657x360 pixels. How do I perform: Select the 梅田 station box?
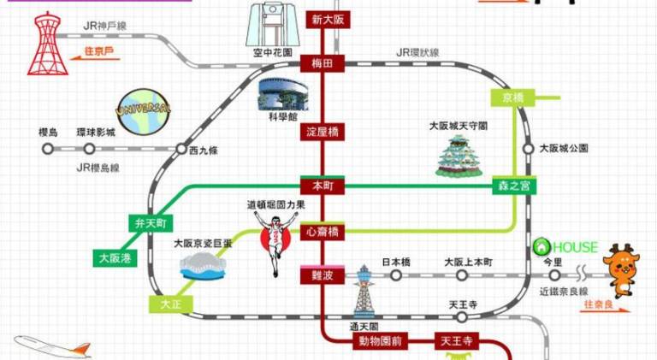pos(323,63)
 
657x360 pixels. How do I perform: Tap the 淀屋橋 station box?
pos(323,132)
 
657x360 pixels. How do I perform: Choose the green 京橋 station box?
pos(512,97)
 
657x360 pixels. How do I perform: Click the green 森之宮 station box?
pos(511,186)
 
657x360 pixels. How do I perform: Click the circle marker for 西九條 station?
pos(181,149)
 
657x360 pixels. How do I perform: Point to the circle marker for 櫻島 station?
pos(48,148)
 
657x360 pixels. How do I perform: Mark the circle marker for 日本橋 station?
pos(396,275)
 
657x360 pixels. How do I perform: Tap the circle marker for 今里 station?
pos(554,275)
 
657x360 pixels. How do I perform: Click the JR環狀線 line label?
pos(417,53)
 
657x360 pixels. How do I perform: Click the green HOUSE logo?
pos(565,247)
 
